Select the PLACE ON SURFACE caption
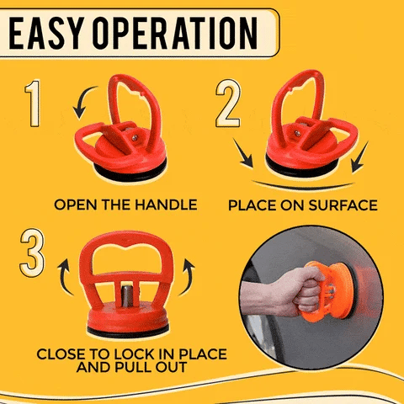point(302,205)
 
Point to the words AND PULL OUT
point(131,369)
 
